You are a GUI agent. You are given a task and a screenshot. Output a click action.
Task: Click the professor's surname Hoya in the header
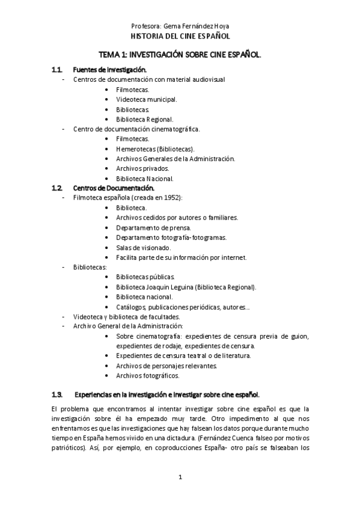pos(221,26)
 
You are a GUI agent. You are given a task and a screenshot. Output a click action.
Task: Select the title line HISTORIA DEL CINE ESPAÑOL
pos(180,36)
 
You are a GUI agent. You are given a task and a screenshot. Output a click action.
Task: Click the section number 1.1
pos(57,70)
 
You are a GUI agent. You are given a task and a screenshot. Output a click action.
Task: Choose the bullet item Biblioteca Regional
pos(145,119)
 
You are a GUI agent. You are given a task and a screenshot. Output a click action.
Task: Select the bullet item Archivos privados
pos(142,168)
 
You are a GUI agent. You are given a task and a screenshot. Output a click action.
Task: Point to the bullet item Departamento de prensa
pos(154,228)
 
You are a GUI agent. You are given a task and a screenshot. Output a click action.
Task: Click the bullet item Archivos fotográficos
pos(147,375)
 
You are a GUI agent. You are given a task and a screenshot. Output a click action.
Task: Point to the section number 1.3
pos(57,395)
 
